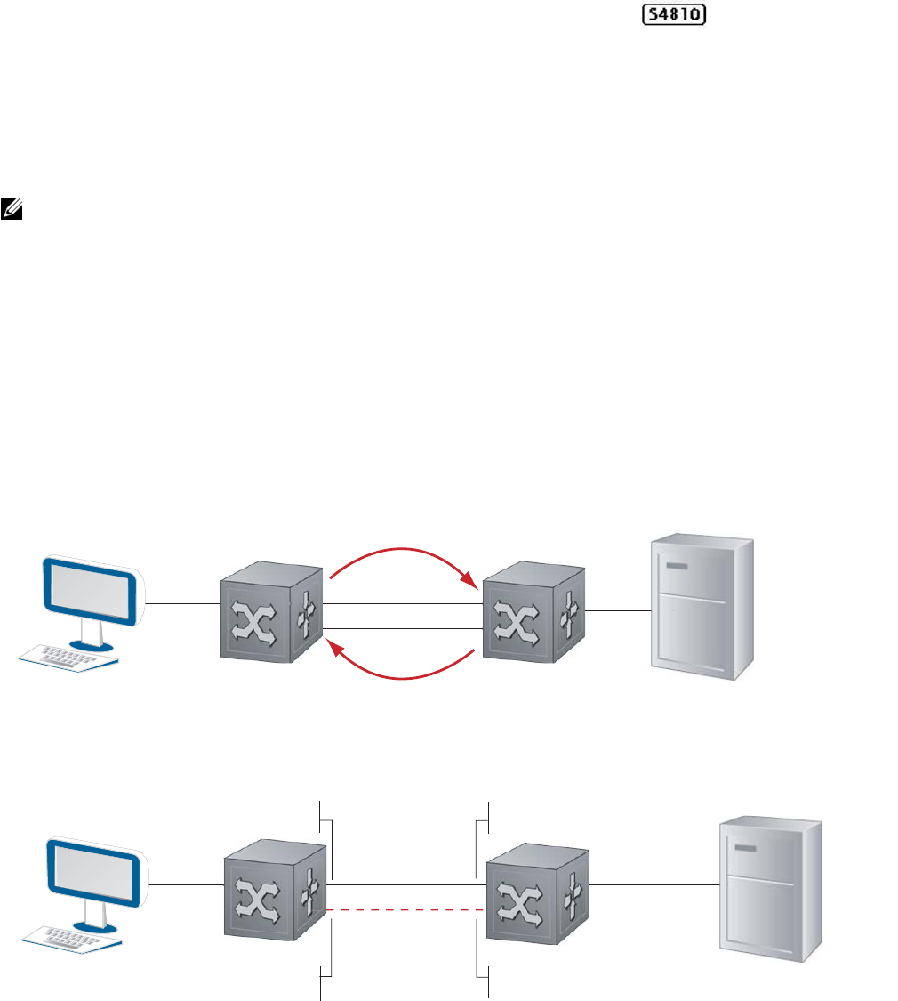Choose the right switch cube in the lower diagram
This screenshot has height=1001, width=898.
(x=536, y=897)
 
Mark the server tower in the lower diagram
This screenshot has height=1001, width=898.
(x=770, y=890)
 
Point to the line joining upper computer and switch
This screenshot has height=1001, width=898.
(x=182, y=603)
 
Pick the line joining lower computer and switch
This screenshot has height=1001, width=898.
(x=186, y=884)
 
